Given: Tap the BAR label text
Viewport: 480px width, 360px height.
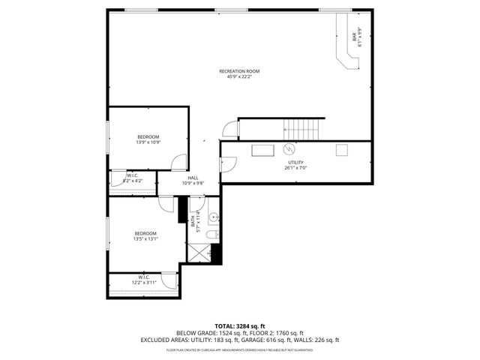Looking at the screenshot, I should (x=353, y=35).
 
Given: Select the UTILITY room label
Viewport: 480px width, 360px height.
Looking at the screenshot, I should (x=295, y=163).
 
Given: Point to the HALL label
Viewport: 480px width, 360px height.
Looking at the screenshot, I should (x=193, y=178).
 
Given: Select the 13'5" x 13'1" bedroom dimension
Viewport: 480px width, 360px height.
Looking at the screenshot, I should (x=145, y=239).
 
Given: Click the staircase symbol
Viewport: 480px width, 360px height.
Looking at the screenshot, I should (x=304, y=128).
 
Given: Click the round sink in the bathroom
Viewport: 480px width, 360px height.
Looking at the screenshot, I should (x=213, y=218).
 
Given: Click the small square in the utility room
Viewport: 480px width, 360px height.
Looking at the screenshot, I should (x=341, y=149).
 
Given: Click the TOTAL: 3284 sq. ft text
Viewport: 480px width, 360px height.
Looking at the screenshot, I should (x=240, y=326).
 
